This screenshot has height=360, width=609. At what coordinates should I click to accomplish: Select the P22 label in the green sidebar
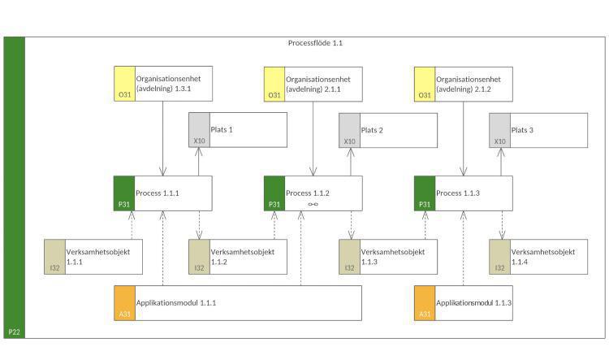click(x=14, y=332)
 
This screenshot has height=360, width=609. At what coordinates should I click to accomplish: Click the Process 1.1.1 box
click(x=162, y=193)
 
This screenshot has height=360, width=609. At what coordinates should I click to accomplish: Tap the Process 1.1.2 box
click(x=313, y=193)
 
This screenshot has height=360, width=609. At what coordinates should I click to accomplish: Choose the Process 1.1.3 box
click(x=463, y=193)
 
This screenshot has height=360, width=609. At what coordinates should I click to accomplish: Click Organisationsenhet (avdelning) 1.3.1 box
click(x=162, y=84)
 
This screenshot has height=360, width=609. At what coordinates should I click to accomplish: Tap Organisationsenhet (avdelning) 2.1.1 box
click(x=313, y=84)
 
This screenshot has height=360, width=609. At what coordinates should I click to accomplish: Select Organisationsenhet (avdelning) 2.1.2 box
click(x=463, y=84)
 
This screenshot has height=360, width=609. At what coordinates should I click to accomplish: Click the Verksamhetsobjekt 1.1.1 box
click(x=93, y=257)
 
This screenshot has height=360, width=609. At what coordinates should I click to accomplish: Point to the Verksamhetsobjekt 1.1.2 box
click(x=237, y=257)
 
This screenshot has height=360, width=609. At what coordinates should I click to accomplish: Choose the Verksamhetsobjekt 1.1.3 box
click(x=387, y=257)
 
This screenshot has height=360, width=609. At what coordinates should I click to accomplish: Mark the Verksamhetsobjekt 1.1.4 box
click(x=538, y=257)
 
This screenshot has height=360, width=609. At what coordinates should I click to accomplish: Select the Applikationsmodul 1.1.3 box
click(x=463, y=303)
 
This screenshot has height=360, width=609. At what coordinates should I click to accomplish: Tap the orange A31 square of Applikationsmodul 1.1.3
click(x=424, y=303)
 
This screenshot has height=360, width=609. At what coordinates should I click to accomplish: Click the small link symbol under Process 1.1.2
click(x=313, y=205)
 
